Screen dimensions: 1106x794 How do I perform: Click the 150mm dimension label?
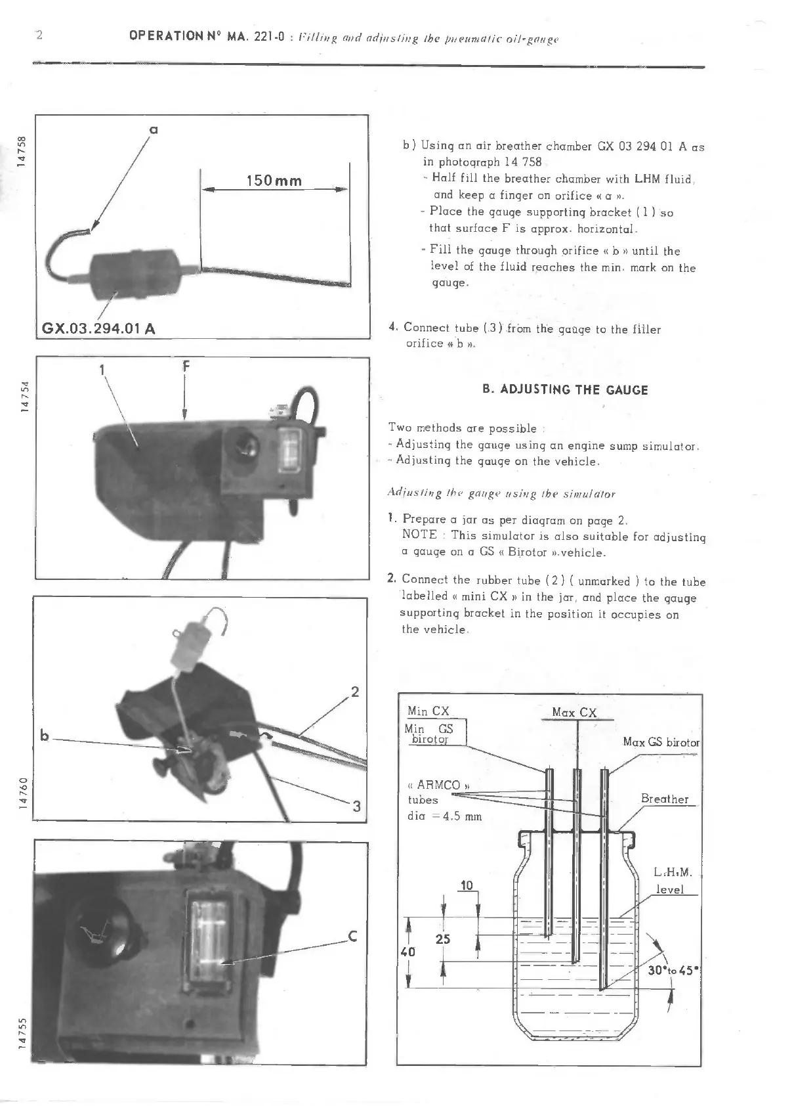(274, 181)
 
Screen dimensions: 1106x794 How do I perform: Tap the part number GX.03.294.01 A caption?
(99, 328)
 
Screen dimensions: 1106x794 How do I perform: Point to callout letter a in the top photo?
(154, 130)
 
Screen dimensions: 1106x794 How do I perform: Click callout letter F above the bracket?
(186, 367)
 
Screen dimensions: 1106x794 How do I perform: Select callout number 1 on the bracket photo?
(102, 370)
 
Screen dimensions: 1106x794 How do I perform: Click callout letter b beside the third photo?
(45, 736)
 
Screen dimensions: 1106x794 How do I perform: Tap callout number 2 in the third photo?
(355, 691)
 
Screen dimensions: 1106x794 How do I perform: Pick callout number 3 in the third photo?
(356, 807)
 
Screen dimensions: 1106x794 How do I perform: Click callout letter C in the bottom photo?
(352, 937)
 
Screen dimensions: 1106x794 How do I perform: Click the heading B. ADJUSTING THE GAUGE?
(565, 390)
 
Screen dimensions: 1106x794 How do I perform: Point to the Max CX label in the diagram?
(574, 713)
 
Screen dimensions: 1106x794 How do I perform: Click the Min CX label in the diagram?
(428, 711)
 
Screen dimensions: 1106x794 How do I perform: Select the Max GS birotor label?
(661, 742)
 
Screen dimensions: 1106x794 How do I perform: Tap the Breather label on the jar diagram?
(664, 799)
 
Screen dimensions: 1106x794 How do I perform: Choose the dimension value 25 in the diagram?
(443, 939)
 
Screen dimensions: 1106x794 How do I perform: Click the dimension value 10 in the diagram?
(467, 885)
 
